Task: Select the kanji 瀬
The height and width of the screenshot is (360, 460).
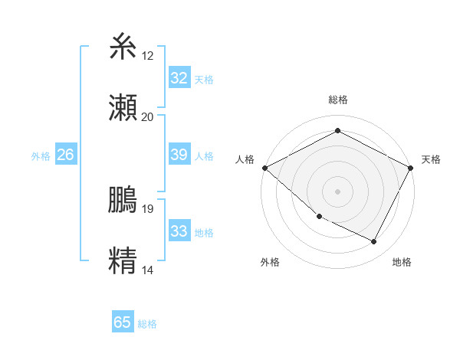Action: click(123, 108)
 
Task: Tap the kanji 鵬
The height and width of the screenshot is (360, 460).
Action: click(123, 200)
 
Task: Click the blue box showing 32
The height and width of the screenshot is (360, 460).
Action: click(179, 78)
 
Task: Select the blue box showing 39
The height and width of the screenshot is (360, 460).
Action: click(179, 155)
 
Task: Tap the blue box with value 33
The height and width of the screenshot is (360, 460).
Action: click(179, 231)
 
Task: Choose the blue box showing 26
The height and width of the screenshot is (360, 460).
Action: click(65, 155)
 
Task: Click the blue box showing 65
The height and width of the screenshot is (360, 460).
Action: click(122, 322)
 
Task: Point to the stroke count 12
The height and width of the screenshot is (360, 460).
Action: click(148, 56)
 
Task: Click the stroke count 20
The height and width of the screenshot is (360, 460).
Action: click(148, 117)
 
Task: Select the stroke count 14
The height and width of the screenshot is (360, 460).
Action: click(148, 270)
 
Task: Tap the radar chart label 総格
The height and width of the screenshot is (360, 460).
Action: click(337, 100)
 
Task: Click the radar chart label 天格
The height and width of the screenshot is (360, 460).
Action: click(431, 159)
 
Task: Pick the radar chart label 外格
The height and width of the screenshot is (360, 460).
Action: click(270, 262)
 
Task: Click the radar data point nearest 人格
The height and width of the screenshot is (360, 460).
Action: click(264, 168)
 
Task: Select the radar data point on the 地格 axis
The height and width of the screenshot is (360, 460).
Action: click(374, 242)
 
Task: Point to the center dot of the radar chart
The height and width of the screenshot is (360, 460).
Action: click(337, 191)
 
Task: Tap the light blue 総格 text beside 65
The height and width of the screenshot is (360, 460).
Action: click(147, 324)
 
